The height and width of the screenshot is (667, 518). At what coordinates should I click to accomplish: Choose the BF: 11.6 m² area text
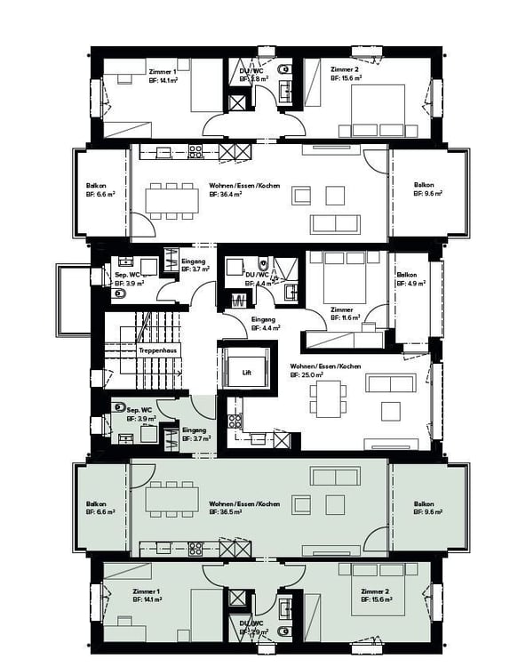pos(343,316)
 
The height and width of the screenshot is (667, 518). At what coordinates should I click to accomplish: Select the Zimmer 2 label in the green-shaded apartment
pos(375,591)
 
